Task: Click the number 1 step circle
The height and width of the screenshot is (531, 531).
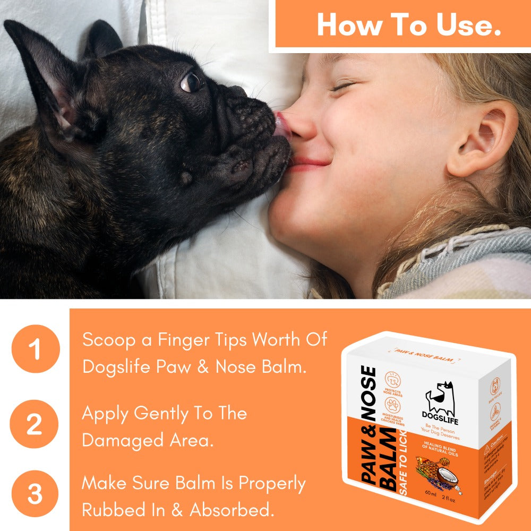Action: point(35,349)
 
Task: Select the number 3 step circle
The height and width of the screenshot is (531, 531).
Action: point(35,494)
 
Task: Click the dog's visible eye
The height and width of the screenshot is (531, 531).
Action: point(191,82)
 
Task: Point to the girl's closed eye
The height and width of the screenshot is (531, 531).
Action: point(342,86)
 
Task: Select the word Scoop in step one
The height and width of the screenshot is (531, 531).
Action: point(109,340)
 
